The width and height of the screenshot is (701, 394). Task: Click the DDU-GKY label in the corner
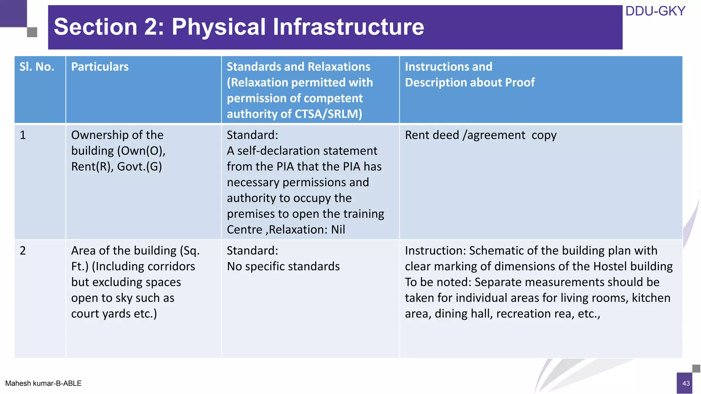(655, 11)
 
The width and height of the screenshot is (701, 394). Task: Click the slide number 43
(686, 383)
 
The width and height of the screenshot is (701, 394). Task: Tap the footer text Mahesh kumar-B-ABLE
(43, 383)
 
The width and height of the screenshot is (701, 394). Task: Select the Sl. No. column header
(37, 67)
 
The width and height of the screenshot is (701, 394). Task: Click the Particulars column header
(100, 67)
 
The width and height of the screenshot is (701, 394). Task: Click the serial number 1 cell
(23, 135)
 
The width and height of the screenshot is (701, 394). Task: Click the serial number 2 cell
(23, 251)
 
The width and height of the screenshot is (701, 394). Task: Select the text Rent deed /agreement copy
(481, 135)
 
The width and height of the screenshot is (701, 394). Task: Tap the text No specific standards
(283, 266)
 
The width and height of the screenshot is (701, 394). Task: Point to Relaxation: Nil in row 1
(307, 229)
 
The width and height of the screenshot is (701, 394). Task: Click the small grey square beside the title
(32, 32)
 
